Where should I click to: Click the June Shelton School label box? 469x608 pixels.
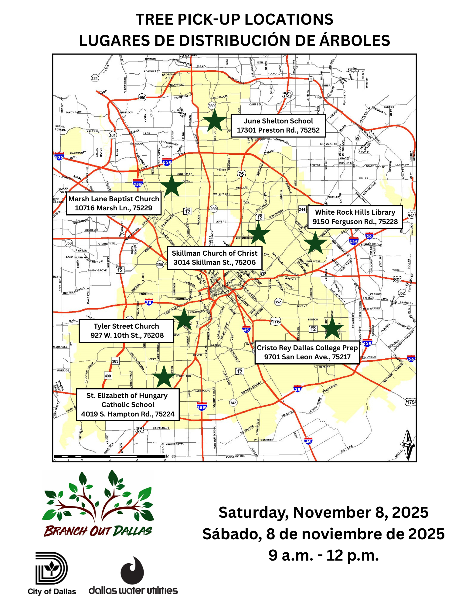tap(278, 126)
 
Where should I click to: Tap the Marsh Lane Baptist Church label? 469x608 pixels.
tap(114, 203)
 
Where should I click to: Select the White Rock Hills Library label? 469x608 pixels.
tap(355, 217)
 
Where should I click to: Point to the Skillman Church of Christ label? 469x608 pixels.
tap(214, 258)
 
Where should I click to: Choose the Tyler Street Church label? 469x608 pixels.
tap(126, 331)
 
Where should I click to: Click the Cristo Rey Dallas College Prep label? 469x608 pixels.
tap(307, 352)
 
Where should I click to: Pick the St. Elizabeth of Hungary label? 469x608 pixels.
tap(127, 405)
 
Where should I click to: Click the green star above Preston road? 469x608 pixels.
tap(214, 120)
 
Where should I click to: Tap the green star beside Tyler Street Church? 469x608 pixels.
tap(184, 319)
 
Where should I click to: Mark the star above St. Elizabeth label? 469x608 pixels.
tap(164, 377)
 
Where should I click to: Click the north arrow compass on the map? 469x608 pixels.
tap(408, 444)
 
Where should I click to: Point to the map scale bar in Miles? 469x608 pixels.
tap(110, 456)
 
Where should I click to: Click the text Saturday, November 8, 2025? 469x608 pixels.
tap(323, 513)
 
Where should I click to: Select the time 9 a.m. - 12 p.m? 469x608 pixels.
tap(323, 555)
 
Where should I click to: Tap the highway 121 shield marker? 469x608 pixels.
tap(95, 78)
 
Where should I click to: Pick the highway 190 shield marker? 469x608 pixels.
tap(142, 98)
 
